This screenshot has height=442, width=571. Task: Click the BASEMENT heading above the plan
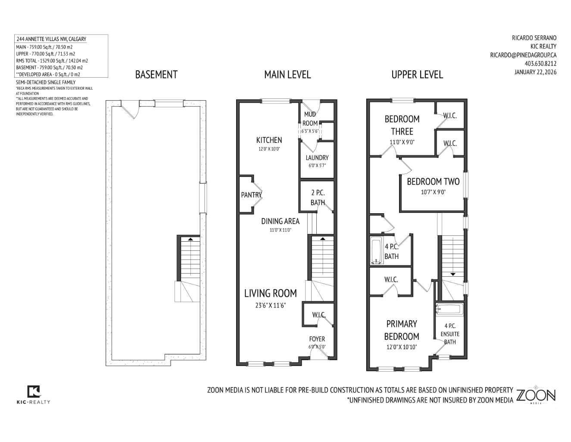pyautogui.click(x=156, y=75)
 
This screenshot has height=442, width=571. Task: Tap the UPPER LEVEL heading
pyautogui.click(x=417, y=75)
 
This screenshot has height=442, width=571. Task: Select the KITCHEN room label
pyautogui.click(x=269, y=140)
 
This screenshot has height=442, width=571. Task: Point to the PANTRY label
pyautogui.click(x=251, y=195)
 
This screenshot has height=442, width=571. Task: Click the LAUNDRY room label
pyautogui.click(x=317, y=158)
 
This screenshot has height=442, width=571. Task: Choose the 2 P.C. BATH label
pyautogui.click(x=318, y=198)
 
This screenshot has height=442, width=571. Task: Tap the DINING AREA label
pyautogui.click(x=280, y=221)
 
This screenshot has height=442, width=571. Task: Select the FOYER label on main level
pyautogui.click(x=317, y=339)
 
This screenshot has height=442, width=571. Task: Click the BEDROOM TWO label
pyautogui.click(x=433, y=182)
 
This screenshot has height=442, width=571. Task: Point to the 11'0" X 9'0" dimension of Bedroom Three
pyautogui.click(x=402, y=142)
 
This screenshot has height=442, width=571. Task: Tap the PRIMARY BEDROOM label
pyautogui.click(x=401, y=330)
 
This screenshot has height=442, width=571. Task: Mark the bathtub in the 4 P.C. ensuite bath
pyautogui.click(x=449, y=309)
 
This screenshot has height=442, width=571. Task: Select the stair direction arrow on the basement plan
pyautogui.click(x=190, y=238)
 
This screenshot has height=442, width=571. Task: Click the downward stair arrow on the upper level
pyautogui.click(x=452, y=274)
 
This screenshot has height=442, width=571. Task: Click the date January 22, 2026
pyautogui.click(x=535, y=72)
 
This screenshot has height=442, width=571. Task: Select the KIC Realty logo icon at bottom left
pyautogui.click(x=34, y=391)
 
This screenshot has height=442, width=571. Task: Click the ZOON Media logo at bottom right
pyautogui.click(x=536, y=395)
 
